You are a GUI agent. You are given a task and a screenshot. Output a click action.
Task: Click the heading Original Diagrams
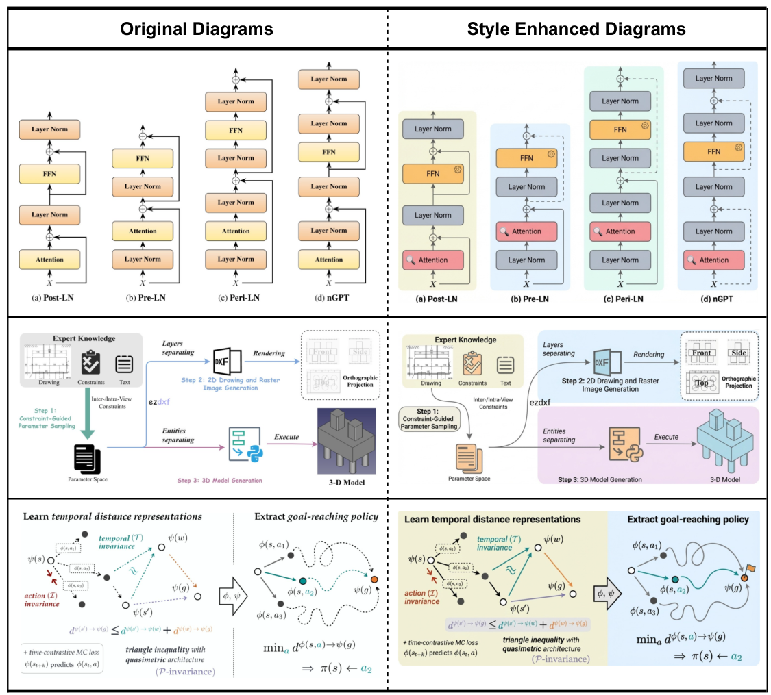(197, 29)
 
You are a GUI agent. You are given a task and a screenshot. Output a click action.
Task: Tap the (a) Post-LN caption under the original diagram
(49, 298)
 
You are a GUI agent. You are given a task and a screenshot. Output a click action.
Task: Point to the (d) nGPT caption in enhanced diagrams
(716, 299)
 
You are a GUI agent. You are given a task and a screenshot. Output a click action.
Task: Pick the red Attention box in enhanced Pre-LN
(526, 231)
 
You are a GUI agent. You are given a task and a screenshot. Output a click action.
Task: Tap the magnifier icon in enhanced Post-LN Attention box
(410, 260)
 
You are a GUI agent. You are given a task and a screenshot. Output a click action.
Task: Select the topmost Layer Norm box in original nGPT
(328, 79)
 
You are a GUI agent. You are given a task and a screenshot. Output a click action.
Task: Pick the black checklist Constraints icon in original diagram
(91, 363)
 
